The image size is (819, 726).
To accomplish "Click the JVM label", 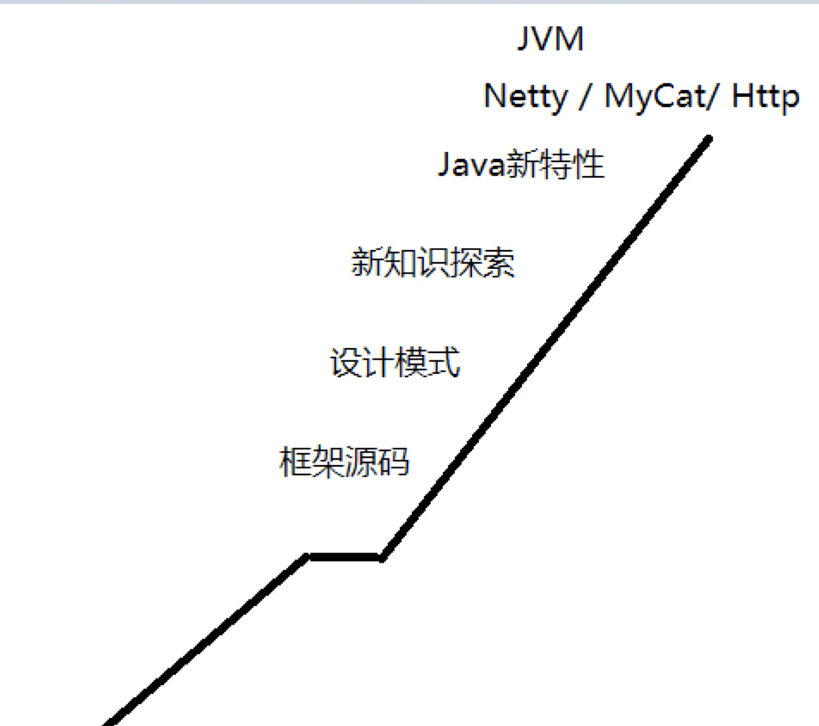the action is click(550, 39).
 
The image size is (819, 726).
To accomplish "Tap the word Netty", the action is click(525, 96).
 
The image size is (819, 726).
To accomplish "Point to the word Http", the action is click(765, 96).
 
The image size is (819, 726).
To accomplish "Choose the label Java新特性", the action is click(521, 164).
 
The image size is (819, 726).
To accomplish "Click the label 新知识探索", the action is click(433, 262).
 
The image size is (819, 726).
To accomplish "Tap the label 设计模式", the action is click(395, 362).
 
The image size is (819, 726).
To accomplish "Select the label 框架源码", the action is click(344, 462).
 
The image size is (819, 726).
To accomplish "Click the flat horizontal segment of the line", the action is click(345, 557).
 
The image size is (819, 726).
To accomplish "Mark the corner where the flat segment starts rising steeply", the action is click(383, 557).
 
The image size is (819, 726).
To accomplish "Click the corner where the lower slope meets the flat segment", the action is click(307, 556).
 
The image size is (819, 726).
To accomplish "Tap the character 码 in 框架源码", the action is click(393, 462).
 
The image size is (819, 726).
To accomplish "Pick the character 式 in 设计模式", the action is click(444, 362).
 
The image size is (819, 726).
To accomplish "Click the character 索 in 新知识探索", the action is click(499, 262).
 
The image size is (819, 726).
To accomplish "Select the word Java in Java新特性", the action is click(470, 164).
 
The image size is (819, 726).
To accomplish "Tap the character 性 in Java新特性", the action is click(589, 164).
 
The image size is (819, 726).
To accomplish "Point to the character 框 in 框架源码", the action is click(295, 462).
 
